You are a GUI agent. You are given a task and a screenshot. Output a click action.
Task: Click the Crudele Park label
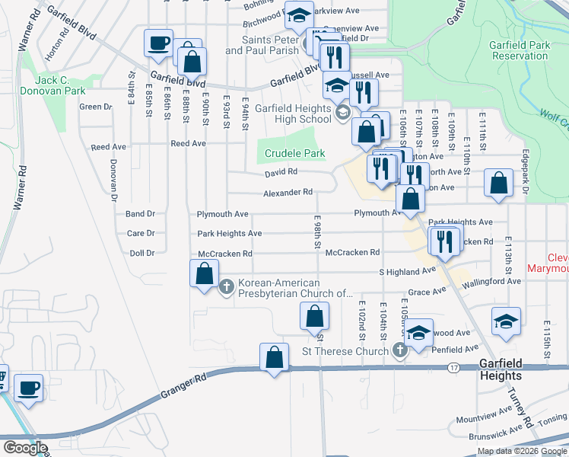[294, 153]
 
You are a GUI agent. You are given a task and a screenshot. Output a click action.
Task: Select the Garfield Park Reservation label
[520, 50]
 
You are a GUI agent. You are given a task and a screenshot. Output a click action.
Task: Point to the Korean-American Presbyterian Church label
[296, 287]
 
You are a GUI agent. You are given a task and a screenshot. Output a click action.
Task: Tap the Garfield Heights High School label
[294, 113]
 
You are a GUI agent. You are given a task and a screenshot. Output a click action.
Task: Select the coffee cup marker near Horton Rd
[158, 44]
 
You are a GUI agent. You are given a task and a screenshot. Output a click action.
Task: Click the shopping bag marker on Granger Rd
[274, 357]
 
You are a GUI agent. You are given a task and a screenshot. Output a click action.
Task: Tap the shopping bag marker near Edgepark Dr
[497, 184]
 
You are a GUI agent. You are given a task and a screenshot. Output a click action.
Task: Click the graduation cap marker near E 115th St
[506, 321]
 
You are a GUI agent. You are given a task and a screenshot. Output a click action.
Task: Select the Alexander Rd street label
[288, 193]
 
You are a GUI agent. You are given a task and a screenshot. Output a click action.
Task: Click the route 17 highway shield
[454, 368]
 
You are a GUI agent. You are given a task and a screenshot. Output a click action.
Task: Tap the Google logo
[26, 448]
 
